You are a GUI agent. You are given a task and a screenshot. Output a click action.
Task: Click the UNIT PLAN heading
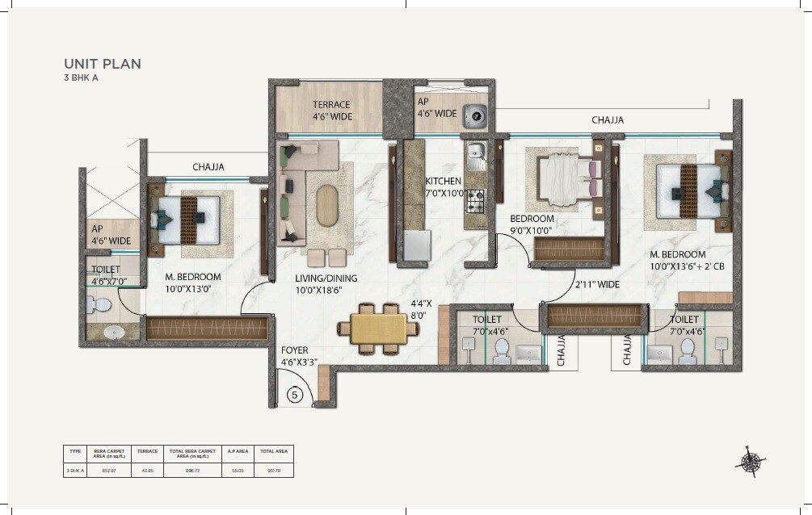tap(103, 64)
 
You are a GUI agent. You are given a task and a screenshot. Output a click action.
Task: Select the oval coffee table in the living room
tap(328, 206)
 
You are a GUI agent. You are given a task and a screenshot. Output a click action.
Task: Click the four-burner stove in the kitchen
tap(475, 198)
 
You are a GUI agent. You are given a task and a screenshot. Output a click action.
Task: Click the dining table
tap(372, 329)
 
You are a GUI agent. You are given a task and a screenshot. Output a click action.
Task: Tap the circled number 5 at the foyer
tap(295, 395)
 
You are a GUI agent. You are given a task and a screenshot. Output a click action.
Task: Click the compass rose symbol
tap(751, 462)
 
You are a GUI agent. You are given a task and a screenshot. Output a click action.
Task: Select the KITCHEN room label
tap(444, 182)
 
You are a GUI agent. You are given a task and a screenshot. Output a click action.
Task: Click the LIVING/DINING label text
tap(326, 278)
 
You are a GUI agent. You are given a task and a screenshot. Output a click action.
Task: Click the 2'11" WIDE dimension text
tap(597, 285)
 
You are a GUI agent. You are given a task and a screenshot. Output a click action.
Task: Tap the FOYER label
tap(295, 350)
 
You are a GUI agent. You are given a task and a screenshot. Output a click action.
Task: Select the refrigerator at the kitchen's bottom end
tap(417, 245)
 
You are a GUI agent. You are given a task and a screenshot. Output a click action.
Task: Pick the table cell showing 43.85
tap(147, 469)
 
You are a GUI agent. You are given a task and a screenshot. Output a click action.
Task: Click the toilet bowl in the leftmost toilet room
tap(101, 305)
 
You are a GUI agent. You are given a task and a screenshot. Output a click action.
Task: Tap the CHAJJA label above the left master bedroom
tap(208, 167)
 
